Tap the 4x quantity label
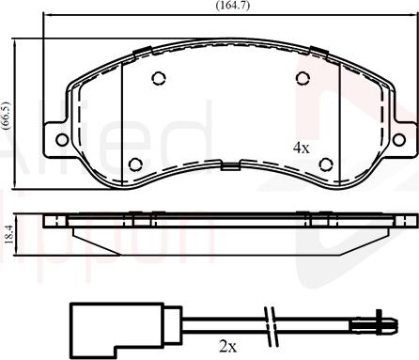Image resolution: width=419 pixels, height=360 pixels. pyautogui.click(x=301, y=148)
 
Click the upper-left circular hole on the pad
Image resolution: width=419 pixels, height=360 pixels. pyautogui.click(x=159, y=79)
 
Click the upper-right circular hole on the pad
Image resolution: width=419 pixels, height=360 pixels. pyautogui.click(x=303, y=79)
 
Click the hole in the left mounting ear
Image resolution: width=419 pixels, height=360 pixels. pyautogui.click(x=62, y=139)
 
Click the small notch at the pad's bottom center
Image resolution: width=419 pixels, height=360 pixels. pyautogui.click(x=230, y=166)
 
